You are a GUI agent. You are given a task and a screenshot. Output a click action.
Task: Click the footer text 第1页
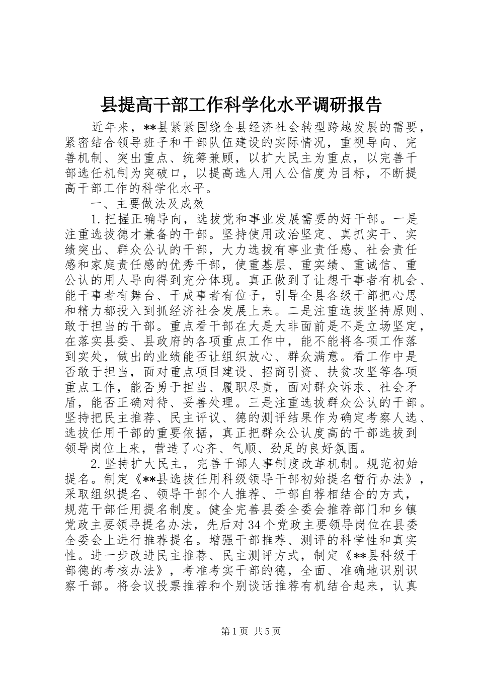[x=222, y=645]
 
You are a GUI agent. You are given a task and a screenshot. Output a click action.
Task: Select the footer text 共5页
[x=268, y=645]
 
